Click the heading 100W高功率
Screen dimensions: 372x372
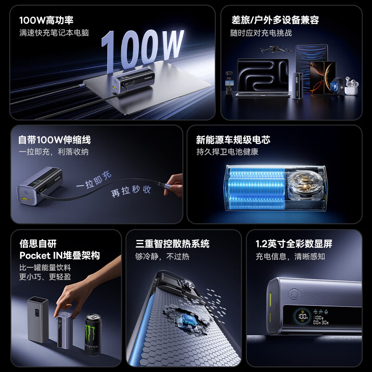(x=46, y=20)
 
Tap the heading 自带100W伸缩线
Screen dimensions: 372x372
(x=54, y=140)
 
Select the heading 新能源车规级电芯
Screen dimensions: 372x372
(x=233, y=140)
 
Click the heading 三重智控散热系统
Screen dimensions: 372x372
(x=173, y=244)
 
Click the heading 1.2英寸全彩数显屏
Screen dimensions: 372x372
(x=294, y=244)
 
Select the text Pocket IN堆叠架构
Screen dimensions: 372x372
(x=60, y=256)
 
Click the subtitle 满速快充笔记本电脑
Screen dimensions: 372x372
(x=54, y=33)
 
